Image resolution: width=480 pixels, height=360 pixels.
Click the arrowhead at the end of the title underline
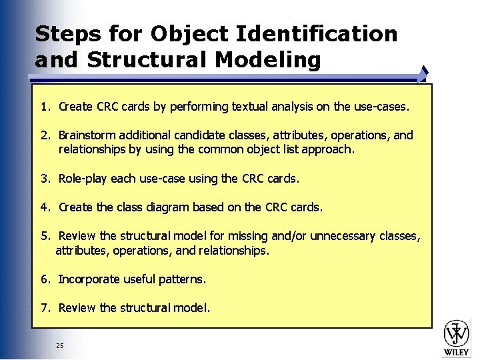424,71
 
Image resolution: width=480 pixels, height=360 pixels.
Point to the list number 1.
43,107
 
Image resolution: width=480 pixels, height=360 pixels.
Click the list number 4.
43,207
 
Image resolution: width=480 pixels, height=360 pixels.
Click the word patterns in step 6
182,279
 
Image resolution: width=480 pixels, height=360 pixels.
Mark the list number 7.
43,308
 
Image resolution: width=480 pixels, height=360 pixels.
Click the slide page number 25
60,345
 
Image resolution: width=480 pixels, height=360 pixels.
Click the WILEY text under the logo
457,351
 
